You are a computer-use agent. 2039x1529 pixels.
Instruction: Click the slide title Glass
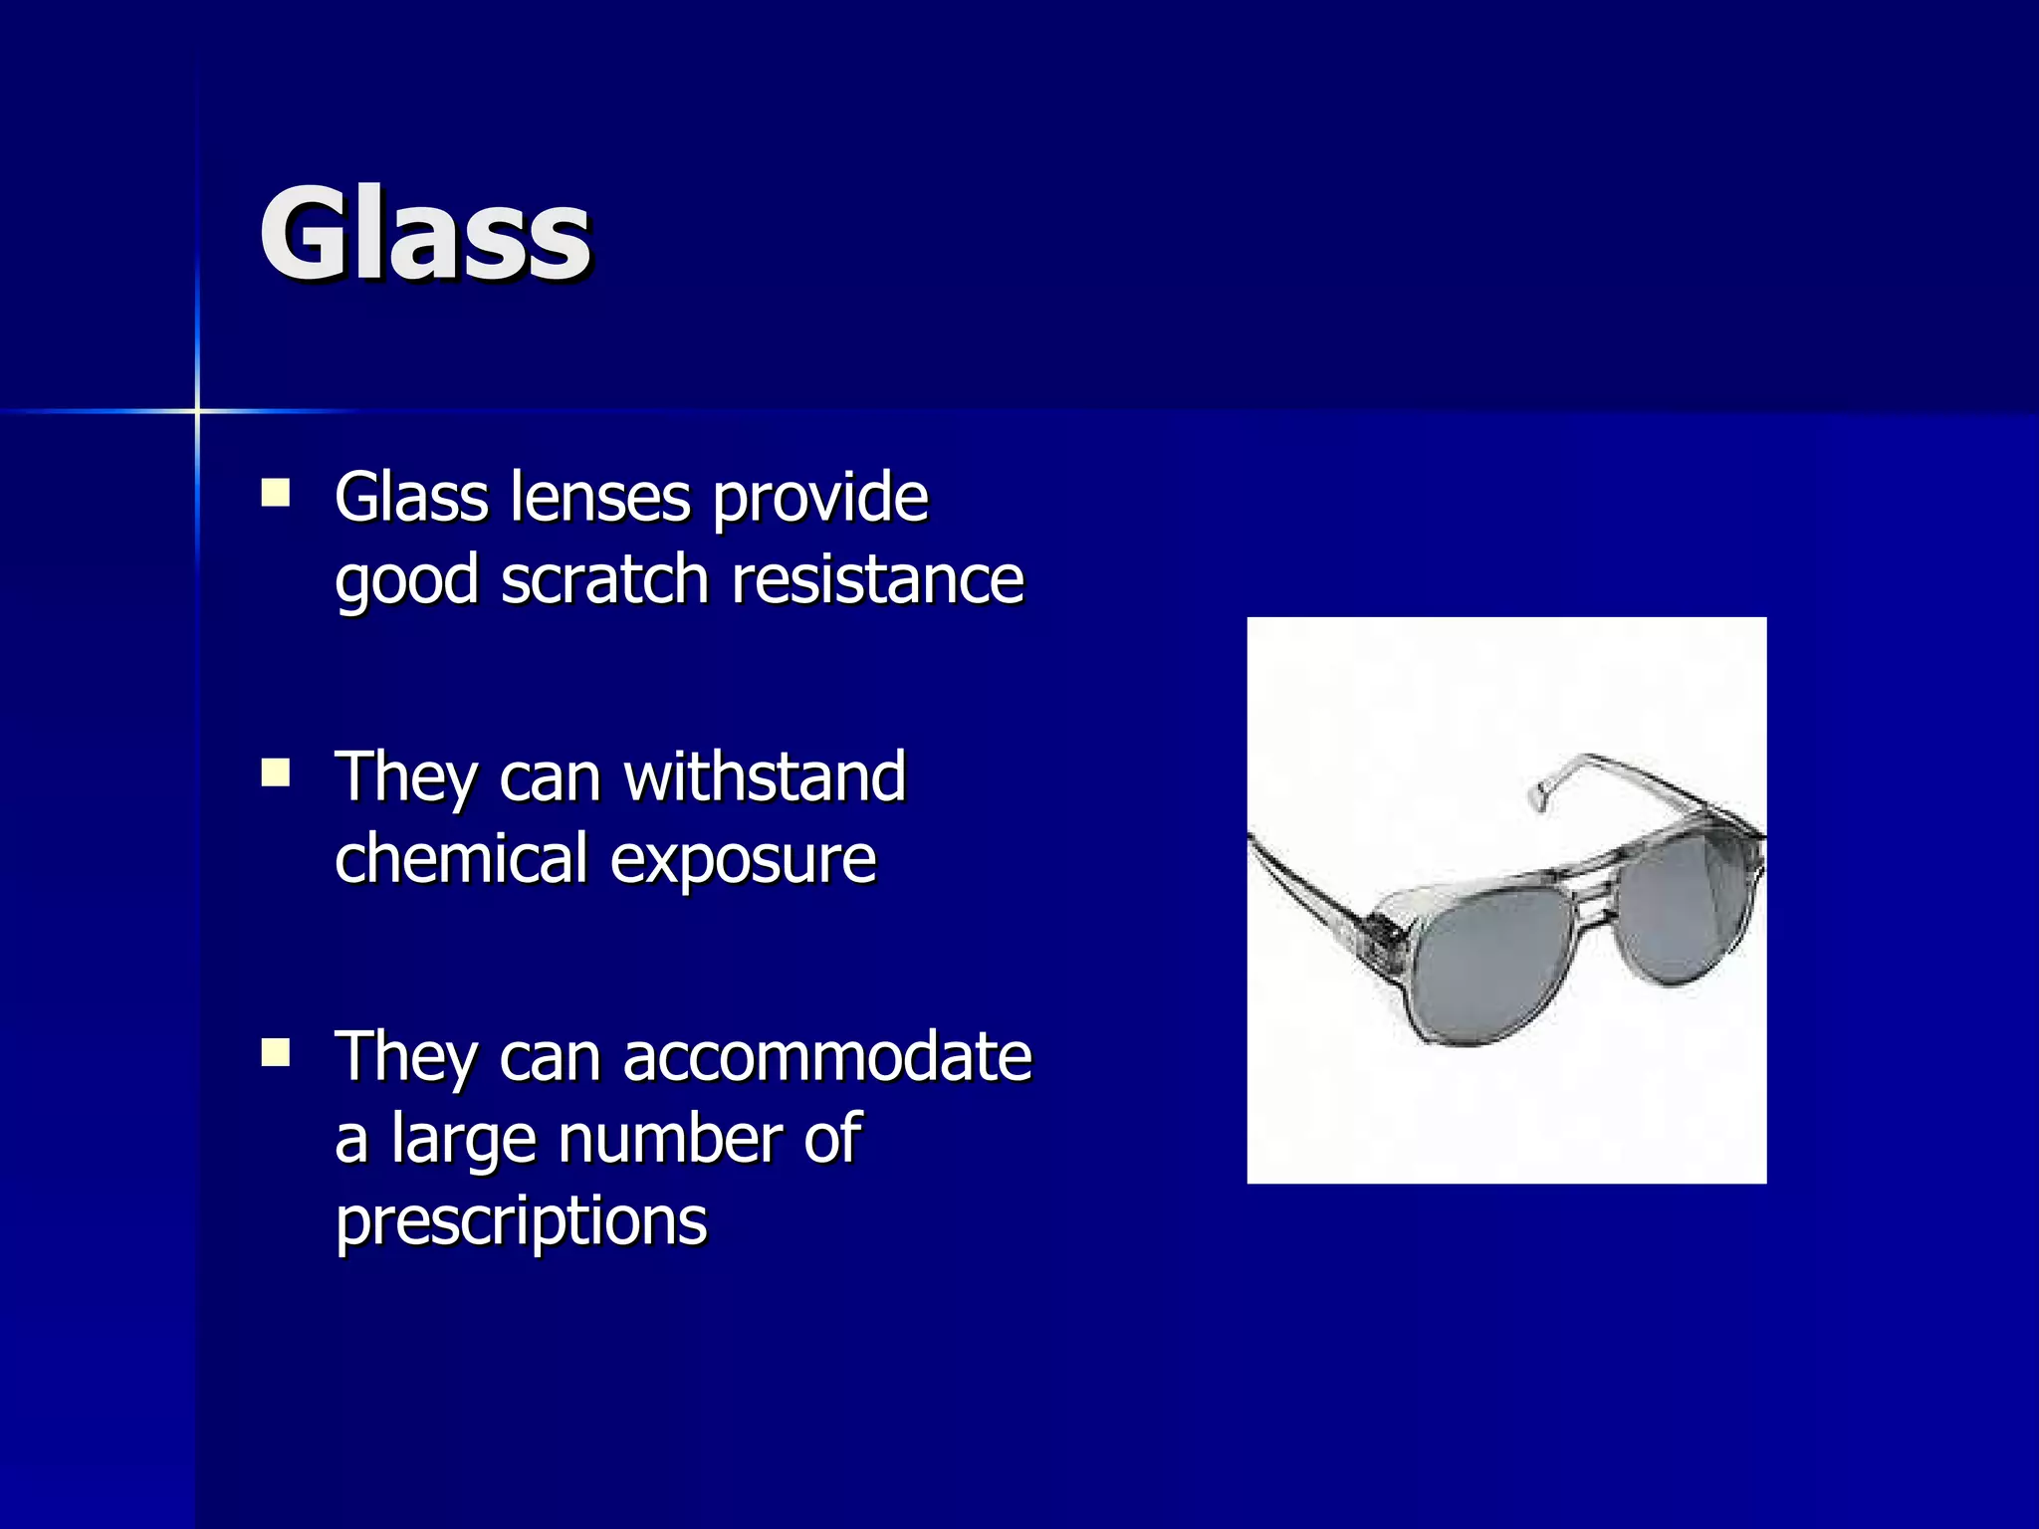pyautogui.click(x=425, y=236)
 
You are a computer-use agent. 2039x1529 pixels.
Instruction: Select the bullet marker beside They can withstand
pyautogui.click(x=275, y=773)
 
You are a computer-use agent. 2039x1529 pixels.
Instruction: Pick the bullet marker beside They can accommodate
pyautogui.click(x=275, y=1053)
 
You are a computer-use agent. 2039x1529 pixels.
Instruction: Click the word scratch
pyautogui.click(x=604, y=579)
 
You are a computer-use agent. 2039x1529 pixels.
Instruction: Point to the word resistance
pyautogui.click(x=878, y=579)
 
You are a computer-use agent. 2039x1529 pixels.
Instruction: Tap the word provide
pyautogui.click(x=820, y=499)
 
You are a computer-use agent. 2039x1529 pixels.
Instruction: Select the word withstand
pyautogui.click(x=765, y=776)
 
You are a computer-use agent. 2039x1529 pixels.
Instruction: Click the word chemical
pyautogui.click(x=461, y=858)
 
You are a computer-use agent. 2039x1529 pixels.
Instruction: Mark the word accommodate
pyautogui.click(x=827, y=1056)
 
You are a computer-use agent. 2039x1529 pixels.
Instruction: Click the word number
pyautogui.click(x=669, y=1139)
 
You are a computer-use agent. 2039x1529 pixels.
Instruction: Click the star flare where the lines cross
pyautogui.click(x=197, y=410)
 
